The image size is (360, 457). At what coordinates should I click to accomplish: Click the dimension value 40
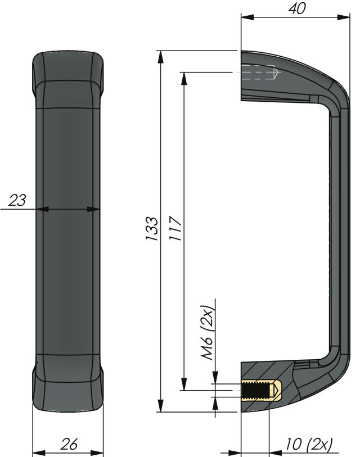tap(297, 8)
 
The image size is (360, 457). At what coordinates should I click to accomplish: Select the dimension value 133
tap(152, 228)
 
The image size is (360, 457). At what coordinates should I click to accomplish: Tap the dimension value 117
tap(175, 228)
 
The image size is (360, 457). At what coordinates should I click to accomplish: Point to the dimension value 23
tap(17, 200)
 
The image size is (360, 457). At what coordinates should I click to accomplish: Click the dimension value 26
tap(69, 444)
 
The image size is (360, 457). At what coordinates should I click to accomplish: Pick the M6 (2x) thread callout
tap(208, 332)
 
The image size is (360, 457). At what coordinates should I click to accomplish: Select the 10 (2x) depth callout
tap(309, 445)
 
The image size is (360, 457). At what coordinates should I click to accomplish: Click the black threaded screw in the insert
tap(255, 390)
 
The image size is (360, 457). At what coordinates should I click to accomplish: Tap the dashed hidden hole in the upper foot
tap(259, 73)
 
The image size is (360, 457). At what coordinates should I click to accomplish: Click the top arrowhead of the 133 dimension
tap(160, 57)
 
